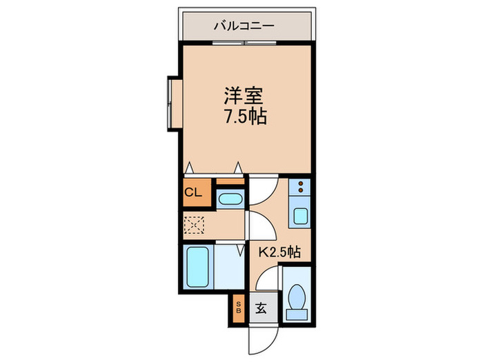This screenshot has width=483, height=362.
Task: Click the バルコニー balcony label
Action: pos(244,28)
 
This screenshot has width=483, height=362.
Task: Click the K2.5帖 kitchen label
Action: pos(279,252)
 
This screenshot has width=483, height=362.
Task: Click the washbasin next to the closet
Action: pos(230,200)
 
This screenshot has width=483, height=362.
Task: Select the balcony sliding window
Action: pos(244,43)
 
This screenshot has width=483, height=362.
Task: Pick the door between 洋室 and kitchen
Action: pos(263,190)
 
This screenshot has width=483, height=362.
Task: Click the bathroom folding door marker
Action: pos(239,251)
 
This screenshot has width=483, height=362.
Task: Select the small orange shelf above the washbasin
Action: pos(230,183)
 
